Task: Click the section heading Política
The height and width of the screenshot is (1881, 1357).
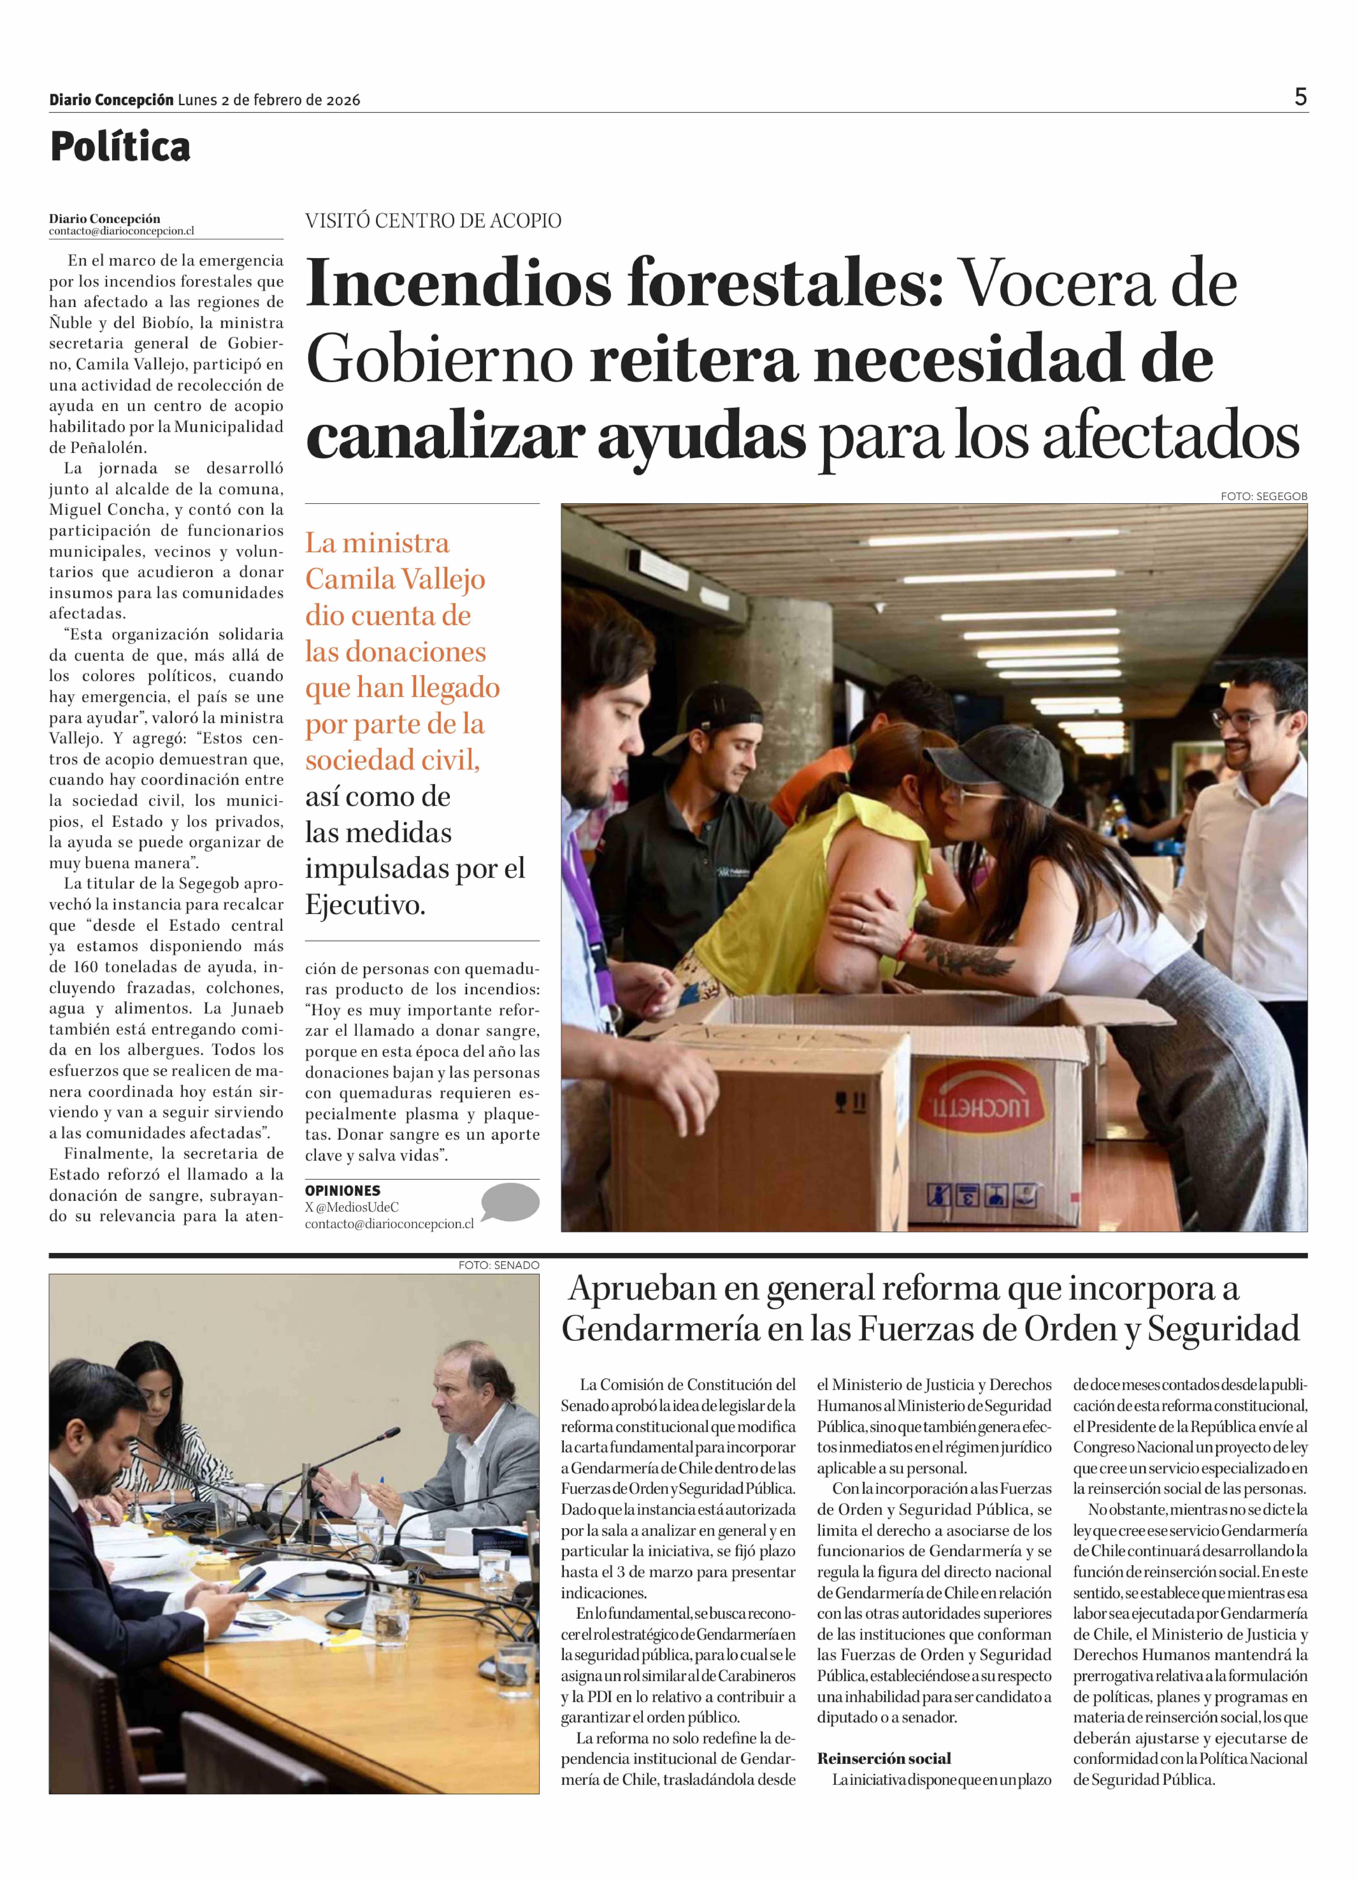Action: tap(120, 147)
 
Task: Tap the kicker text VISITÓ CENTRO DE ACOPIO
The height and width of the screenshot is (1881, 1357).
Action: tap(433, 221)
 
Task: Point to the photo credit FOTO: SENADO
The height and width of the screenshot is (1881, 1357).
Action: tap(498, 1265)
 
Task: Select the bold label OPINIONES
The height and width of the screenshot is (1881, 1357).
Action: tap(343, 1190)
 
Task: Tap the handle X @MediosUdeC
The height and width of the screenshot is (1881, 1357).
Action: tap(352, 1207)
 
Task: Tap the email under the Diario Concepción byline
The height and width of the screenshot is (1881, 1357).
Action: tap(121, 231)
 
